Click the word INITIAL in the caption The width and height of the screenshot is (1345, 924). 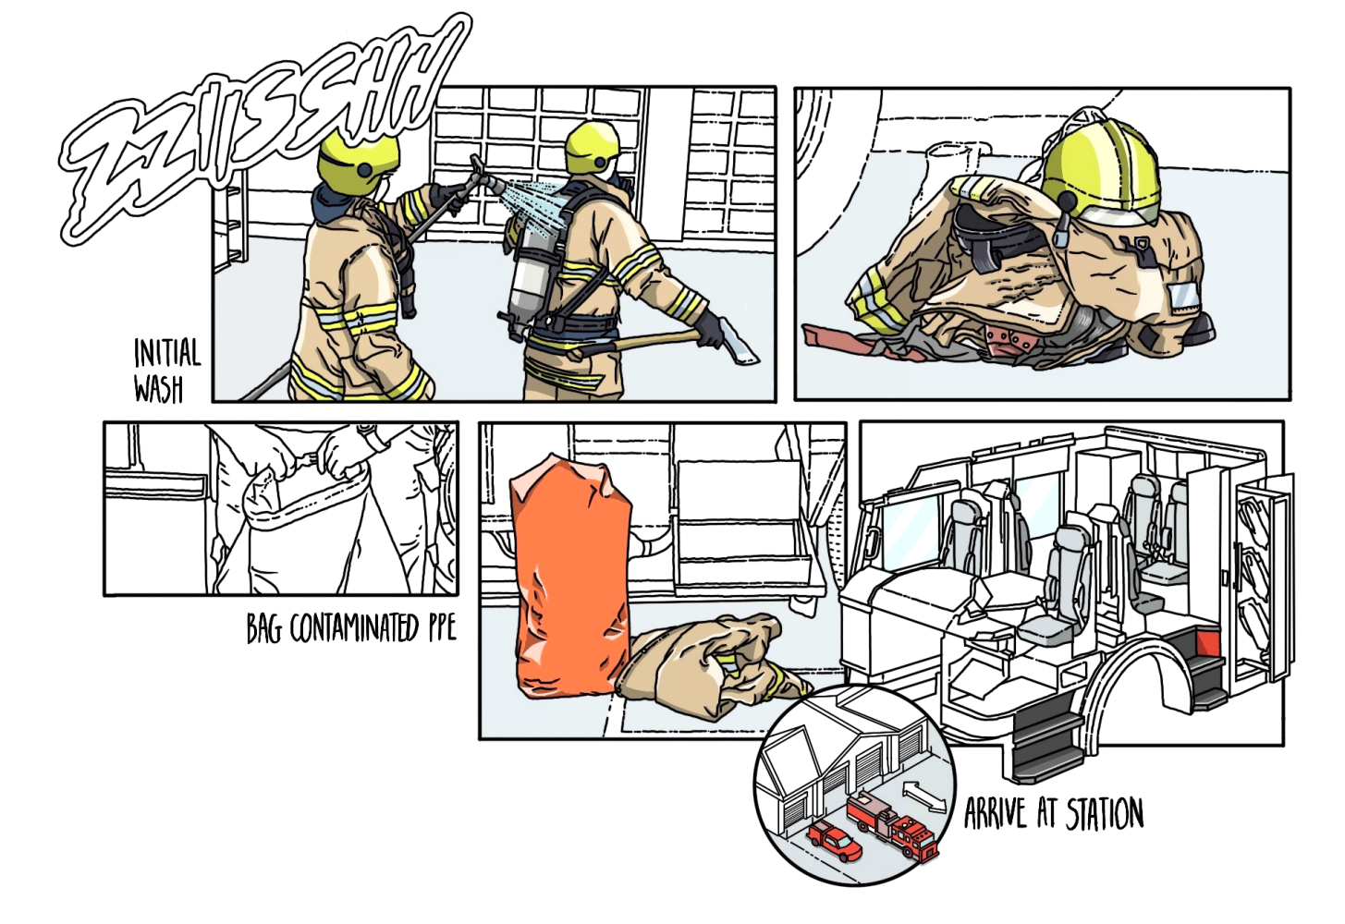tap(167, 353)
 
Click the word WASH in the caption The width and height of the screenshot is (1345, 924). tap(158, 389)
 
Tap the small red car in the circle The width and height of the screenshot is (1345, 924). tap(834, 841)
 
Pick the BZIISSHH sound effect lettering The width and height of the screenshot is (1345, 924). tap(264, 129)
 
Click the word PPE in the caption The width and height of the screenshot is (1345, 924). tap(441, 629)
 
